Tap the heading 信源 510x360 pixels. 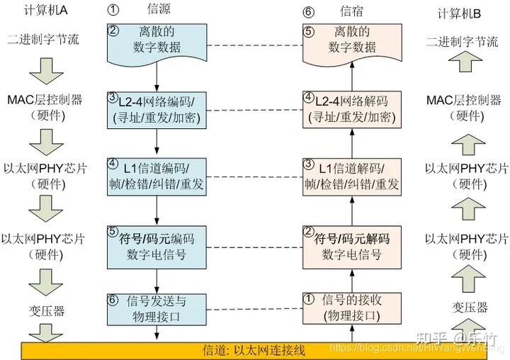[157, 9]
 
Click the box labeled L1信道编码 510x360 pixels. [157, 176]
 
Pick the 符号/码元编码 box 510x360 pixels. [157, 245]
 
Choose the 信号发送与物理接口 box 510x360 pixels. [157, 309]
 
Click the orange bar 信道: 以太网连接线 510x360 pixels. [255, 349]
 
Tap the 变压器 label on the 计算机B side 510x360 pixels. [470, 307]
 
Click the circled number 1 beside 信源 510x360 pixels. [113, 10]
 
